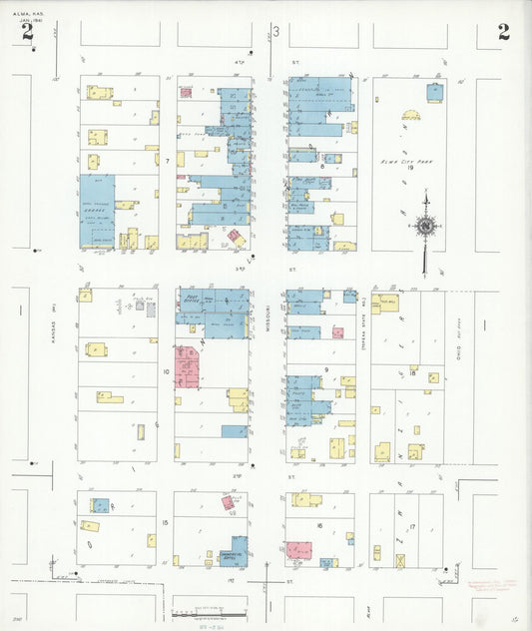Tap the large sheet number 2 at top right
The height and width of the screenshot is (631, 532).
pyautogui.click(x=504, y=31)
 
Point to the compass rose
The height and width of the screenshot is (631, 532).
pyautogui.click(x=425, y=226)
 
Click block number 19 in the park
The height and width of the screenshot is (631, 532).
pyautogui.click(x=409, y=168)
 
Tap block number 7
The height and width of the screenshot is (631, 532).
pyautogui.click(x=168, y=160)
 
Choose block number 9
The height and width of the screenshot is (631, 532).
pyautogui.click(x=326, y=369)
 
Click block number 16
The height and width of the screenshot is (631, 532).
pyautogui.click(x=319, y=524)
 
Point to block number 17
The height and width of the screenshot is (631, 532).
pyautogui.click(x=410, y=524)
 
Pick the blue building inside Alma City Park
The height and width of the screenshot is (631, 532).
pyautogui.click(x=435, y=92)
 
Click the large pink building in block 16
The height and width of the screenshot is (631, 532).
pyautogui.click(x=298, y=550)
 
